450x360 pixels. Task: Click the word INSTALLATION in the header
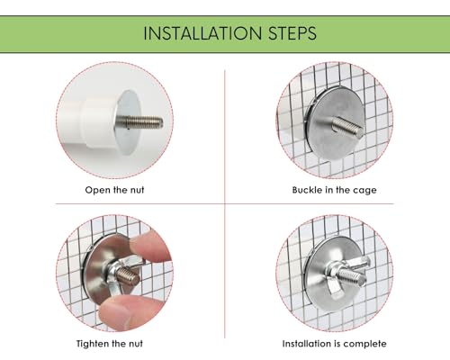tap(202, 33)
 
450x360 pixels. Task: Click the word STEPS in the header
tap(292, 33)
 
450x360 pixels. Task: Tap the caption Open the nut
tap(114, 190)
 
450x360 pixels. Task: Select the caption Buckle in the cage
tap(334, 190)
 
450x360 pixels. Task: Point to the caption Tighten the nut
tap(110, 344)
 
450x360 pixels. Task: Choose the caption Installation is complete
tap(334, 344)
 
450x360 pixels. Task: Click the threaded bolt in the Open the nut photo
tap(139, 122)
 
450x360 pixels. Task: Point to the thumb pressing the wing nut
tap(129, 312)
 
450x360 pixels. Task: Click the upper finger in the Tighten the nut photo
tap(149, 247)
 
